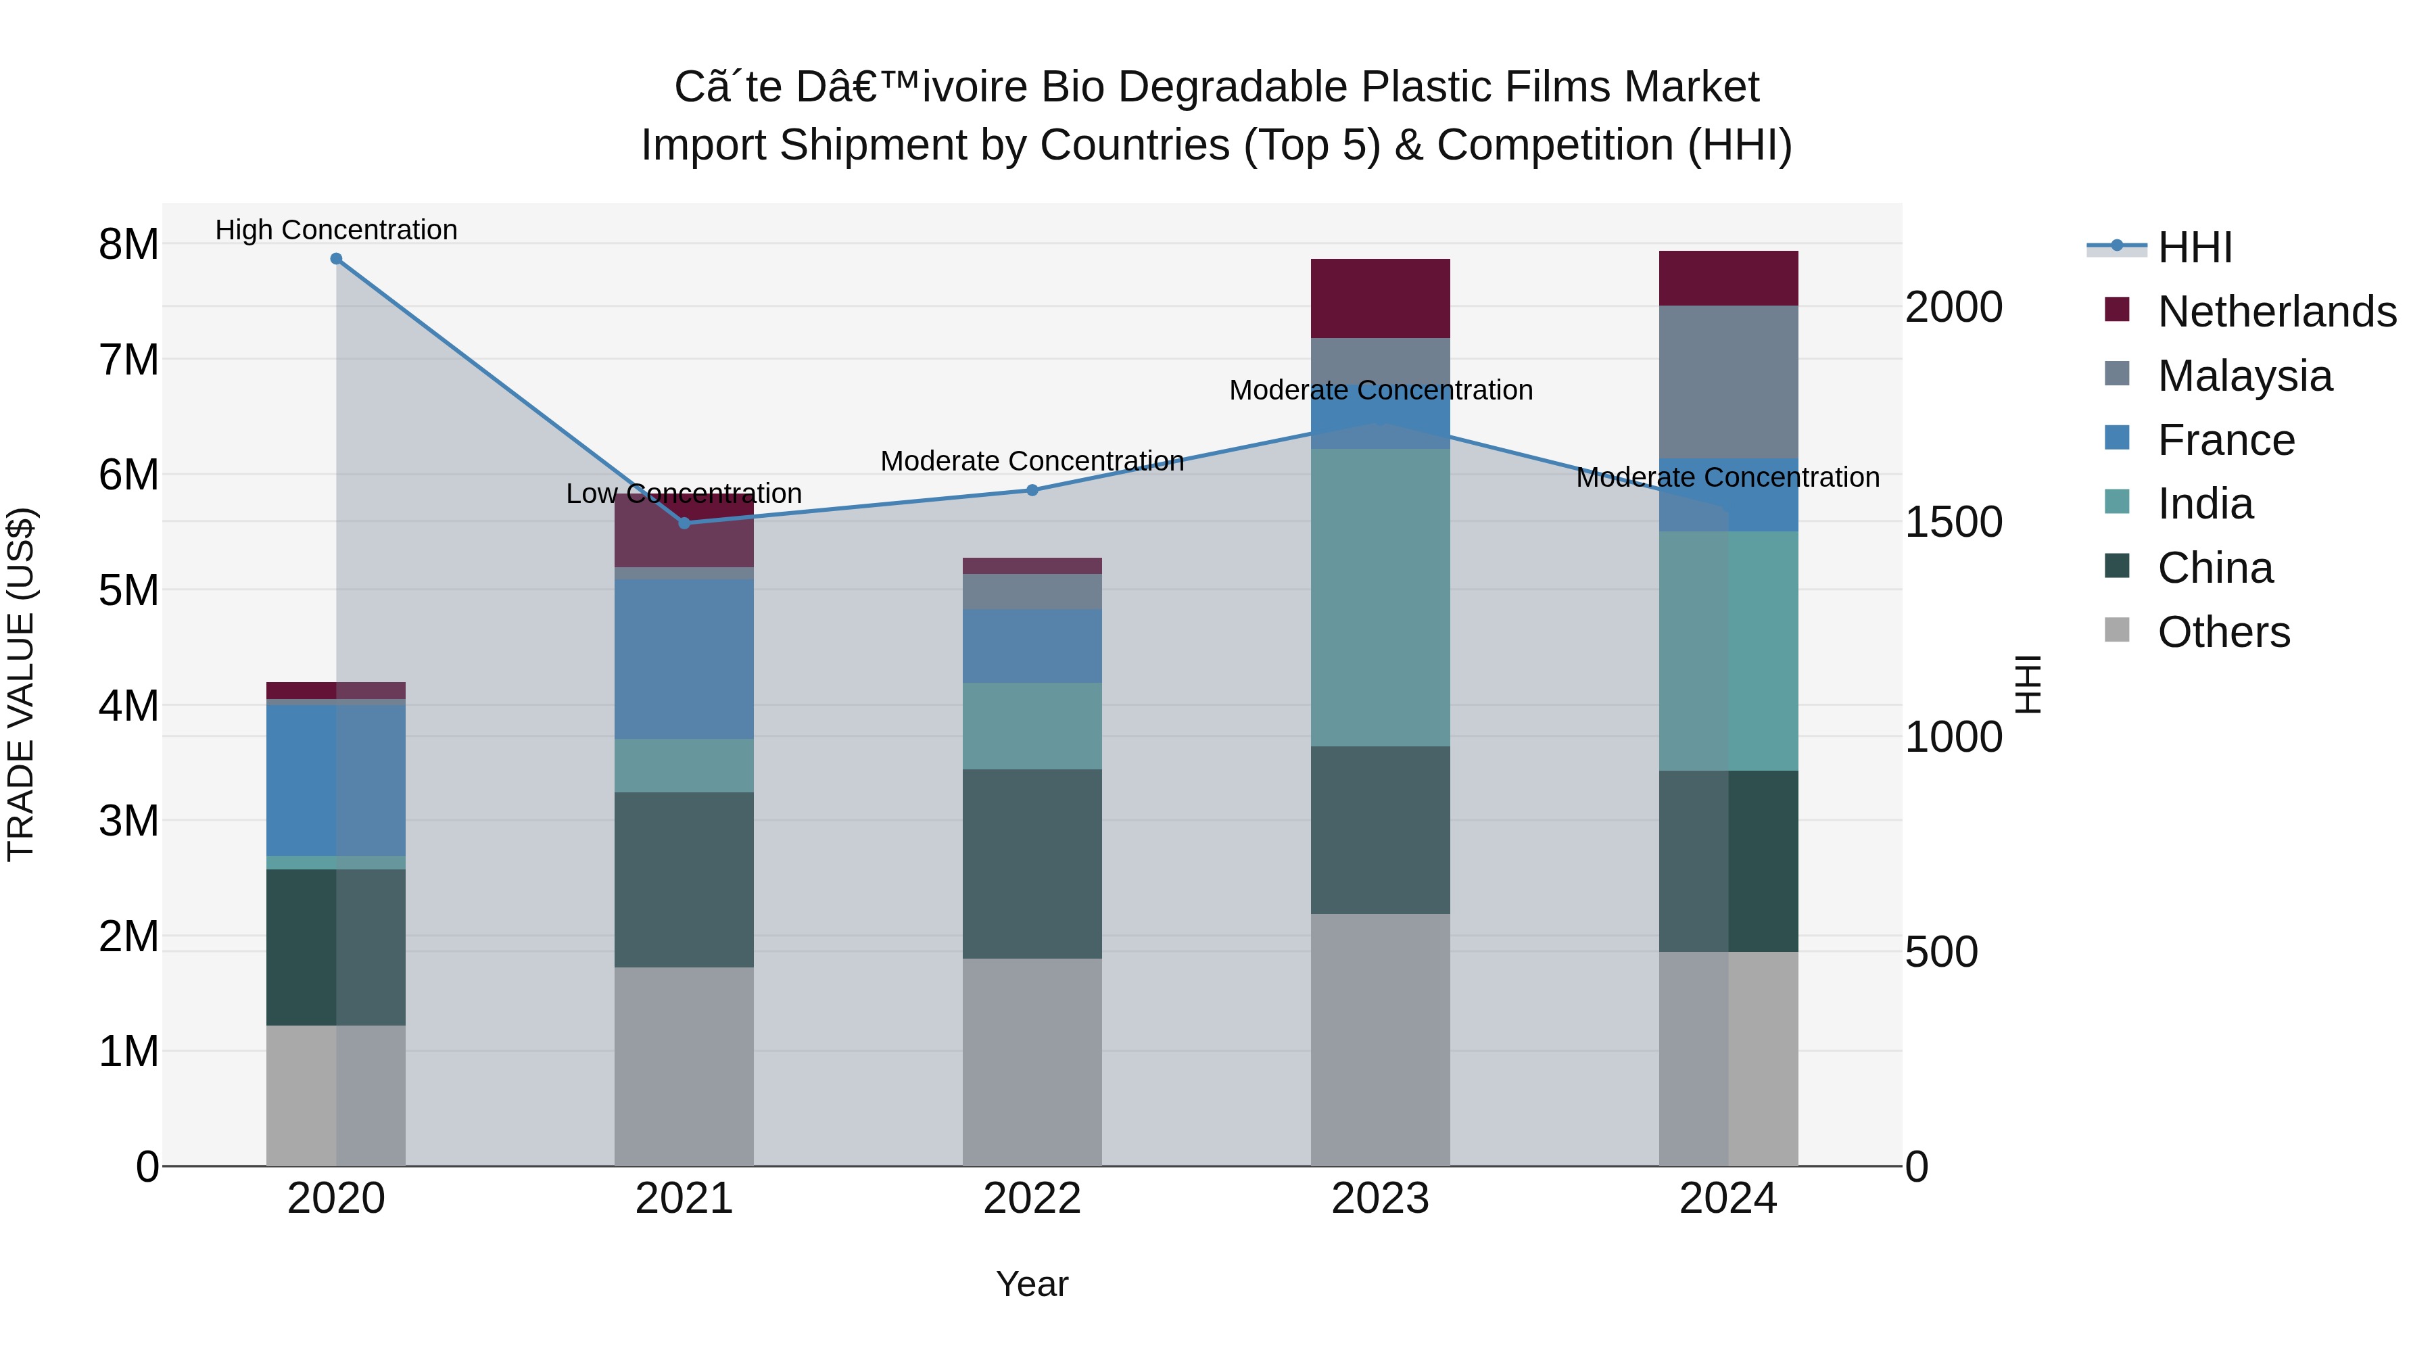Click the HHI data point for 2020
tap(337, 259)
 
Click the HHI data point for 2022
tap(1032, 490)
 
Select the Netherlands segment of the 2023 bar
tap(1379, 299)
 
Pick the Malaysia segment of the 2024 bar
tap(1728, 382)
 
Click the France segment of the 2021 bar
tap(684, 658)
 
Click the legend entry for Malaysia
tap(2245, 375)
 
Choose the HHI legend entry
tap(2194, 247)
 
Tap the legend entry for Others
tap(2223, 631)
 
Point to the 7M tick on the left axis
tap(128, 360)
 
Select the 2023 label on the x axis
tap(1379, 1199)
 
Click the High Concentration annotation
tap(337, 230)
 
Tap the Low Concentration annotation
tap(684, 494)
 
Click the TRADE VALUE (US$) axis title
tap(21, 684)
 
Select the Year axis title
tap(1032, 1284)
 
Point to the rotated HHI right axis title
tap(2028, 684)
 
